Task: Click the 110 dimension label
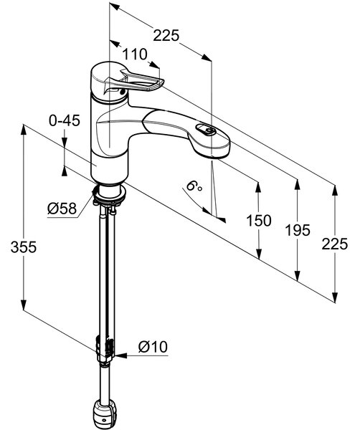tap(135, 54)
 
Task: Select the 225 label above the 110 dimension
tap(166, 35)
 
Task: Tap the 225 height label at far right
tap(334, 244)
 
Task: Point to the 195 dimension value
tap(298, 230)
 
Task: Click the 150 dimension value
tap(259, 221)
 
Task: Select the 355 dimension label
tap(24, 247)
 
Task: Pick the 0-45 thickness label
tap(65, 120)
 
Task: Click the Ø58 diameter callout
tap(62, 209)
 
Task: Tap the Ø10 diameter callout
tap(153, 347)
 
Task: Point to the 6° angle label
tap(194, 186)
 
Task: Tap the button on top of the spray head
tap(206, 130)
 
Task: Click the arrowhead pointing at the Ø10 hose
tap(120, 355)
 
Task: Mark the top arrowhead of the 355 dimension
tap(24, 130)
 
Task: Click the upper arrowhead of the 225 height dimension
tap(334, 191)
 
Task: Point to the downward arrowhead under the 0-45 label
tap(65, 143)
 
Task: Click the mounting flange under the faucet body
tap(109, 194)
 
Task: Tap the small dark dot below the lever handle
tap(123, 92)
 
